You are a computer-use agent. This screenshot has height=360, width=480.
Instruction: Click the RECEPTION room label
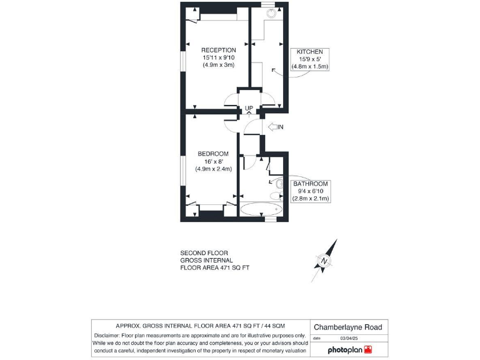pos(218,50)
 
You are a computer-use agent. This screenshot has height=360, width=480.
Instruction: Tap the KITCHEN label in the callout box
pos(309,51)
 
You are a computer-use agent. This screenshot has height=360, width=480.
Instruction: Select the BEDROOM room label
pos(212,154)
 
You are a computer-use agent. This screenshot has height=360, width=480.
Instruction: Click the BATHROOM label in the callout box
pos(311,184)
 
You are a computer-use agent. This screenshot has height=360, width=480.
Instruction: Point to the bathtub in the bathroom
pos(262,209)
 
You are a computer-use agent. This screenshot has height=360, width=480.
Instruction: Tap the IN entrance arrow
pos(275,127)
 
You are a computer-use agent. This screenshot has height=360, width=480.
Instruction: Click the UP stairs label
pos(248,108)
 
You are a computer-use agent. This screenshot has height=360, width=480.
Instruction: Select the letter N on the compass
pos(324,261)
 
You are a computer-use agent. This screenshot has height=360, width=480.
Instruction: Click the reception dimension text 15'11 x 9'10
pos(218,57)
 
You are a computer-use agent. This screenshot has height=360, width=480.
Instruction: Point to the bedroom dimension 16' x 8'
pos(213,161)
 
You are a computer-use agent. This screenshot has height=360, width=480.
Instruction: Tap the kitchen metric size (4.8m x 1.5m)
pos(309,66)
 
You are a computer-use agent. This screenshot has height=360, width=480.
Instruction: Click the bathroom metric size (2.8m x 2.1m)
pos(311,199)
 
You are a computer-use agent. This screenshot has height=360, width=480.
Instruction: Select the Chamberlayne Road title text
pos(347,327)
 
